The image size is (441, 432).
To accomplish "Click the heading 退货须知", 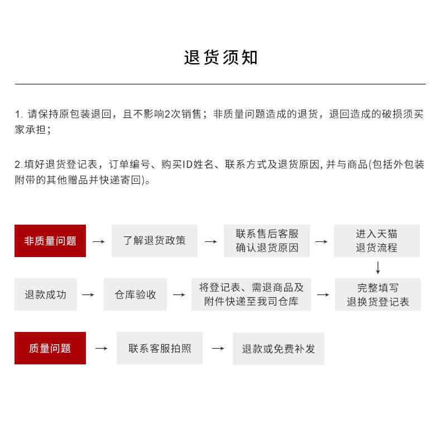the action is pyautogui.click(x=220, y=58).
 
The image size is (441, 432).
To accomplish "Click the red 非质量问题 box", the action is pyautogui.click(x=50, y=241).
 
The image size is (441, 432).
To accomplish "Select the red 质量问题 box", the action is pyautogui.click(x=50, y=348).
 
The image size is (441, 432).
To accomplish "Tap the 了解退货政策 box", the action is pyautogui.click(x=155, y=241).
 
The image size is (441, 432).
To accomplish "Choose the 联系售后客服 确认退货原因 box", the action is pyautogui.click(x=267, y=241).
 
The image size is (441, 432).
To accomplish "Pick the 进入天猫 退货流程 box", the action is pyautogui.click(x=377, y=241).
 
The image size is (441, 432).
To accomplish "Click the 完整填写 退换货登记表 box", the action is pyautogui.click(x=378, y=295).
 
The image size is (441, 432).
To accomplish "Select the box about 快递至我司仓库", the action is pyautogui.click(x=251, y=295).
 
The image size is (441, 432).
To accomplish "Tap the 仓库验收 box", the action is pyautogui.click(x=135, y=295).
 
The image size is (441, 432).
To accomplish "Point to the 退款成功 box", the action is pyautogui.click(x=46, y=295).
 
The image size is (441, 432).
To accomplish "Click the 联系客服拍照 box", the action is pyautogui.click(x=160, y=348).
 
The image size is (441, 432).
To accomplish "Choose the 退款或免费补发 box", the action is pyautogui.click(x=279, y=348).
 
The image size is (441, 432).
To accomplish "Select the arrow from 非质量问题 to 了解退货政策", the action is pyautogui.click(x=98, y=241).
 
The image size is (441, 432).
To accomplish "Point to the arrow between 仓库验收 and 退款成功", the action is pyautogui.click(x=88, y=295).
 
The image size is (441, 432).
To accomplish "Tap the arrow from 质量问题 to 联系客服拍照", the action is pyautogui.click(x=101, y=349).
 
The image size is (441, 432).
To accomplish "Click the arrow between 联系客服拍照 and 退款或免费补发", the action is pyautogui.click(x=218, y=349).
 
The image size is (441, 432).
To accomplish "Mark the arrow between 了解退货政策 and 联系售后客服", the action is pyautogui.click(x=210, y=241).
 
